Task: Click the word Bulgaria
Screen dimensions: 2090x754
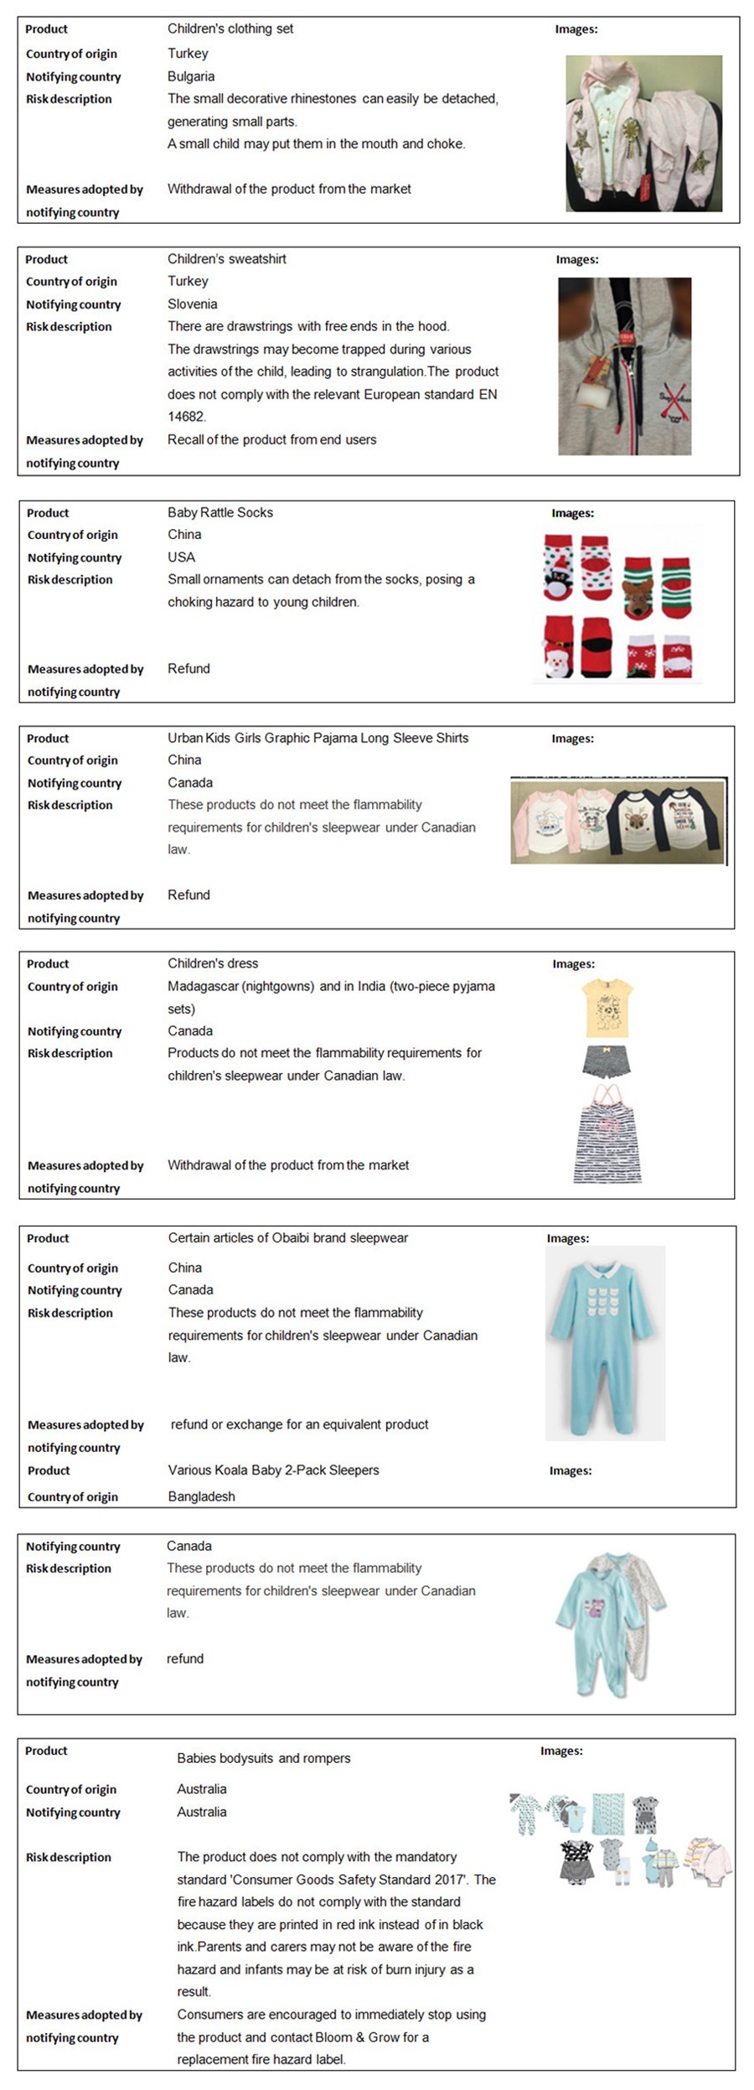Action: (x=191, y=76)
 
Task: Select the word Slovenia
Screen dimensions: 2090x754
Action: (x=192, y=304)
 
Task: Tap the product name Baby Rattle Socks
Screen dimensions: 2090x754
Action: (x=220, y=512)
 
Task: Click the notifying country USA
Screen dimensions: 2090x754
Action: (x=181, y=558)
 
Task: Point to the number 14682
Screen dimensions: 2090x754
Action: (x=187, y=417)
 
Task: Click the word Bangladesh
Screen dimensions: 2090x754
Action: (x=201, y=1496)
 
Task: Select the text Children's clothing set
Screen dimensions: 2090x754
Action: (x=230, y=29)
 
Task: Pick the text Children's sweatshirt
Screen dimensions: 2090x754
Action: (x=227, y=259)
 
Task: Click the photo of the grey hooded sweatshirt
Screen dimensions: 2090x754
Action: (x=625, y=366)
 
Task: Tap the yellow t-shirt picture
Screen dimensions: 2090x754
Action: (x=606, y=1008)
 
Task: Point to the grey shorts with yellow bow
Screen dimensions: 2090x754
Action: (x=606, y=1061)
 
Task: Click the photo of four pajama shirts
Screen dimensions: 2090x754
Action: (x=617, y=822)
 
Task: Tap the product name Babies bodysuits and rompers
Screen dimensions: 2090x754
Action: (x=264, y=1758)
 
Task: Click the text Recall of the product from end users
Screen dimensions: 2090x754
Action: (x=271, y=439)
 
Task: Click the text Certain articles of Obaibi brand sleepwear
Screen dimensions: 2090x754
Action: (x=288, y=1237)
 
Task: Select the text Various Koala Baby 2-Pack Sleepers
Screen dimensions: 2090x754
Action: (x=273, y=1470)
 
